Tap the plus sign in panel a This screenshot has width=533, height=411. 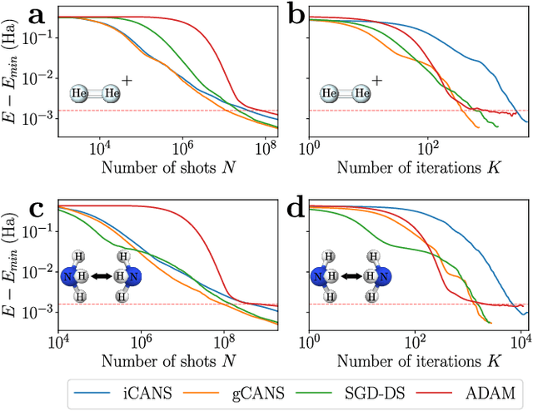click(x=127, y=82)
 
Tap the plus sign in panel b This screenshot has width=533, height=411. click(x=376, y=82)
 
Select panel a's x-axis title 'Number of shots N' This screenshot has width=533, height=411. click(x=167, y=166)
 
